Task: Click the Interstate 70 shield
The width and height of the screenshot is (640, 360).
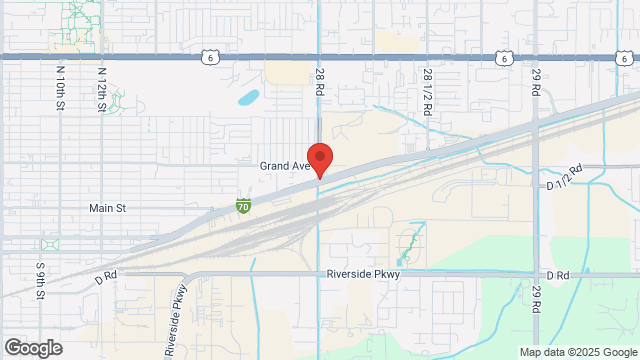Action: tap(243, 206)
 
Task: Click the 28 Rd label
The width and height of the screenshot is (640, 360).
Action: tap(320, 83)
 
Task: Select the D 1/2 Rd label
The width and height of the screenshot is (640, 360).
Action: tap(565, 179)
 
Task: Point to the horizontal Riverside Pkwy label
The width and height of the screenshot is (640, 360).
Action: tap(363, 274)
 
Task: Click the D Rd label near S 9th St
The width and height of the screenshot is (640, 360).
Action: tap(106, 274)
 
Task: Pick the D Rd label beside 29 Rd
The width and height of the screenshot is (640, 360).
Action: tap(557, 274)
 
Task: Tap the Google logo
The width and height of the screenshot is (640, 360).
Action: tap(32, 348)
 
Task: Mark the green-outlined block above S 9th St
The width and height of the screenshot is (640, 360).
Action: tap(48, 245)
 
